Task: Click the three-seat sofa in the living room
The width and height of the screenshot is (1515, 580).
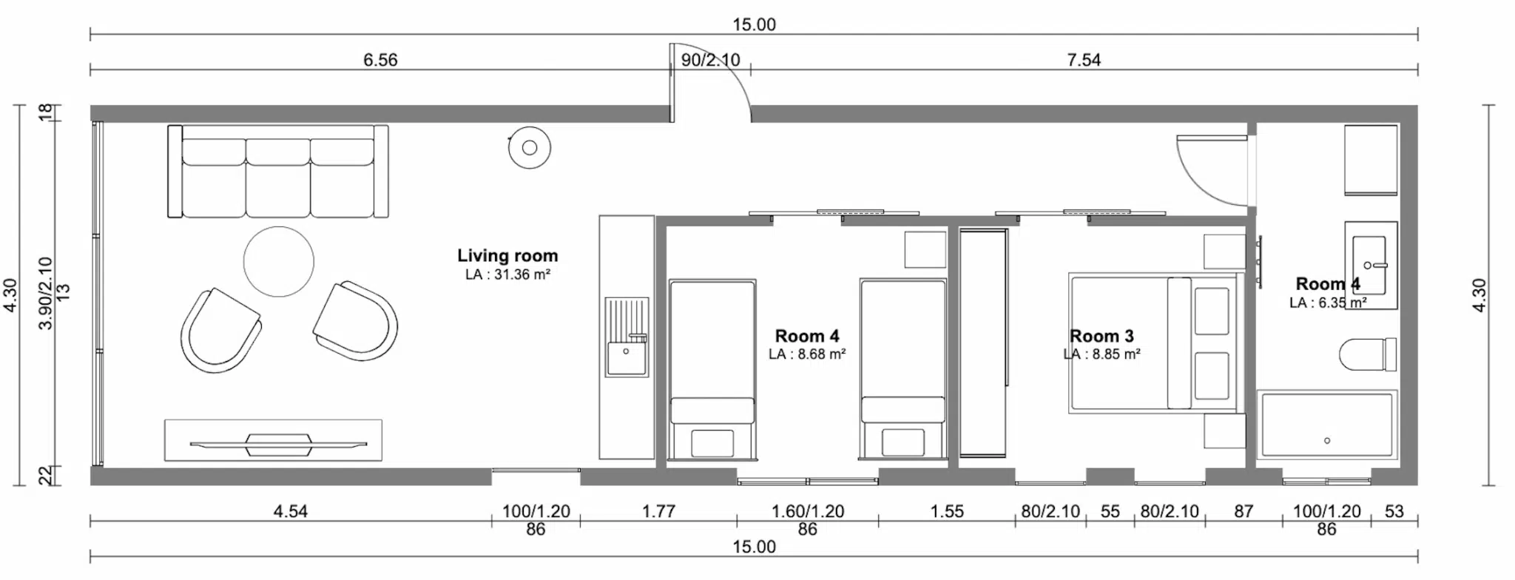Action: tap(278, 172)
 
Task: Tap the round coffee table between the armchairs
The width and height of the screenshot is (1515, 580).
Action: tap(279, 261)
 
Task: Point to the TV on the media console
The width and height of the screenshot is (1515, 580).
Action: tap(278, 445)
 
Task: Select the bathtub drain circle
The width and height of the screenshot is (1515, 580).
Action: tap(1327, 441)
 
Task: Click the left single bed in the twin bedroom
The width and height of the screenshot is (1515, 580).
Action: tap(712, 369)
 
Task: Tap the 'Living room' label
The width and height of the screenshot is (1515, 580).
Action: tap(507, 256)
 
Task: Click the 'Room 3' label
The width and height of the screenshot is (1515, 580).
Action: tap(1101, 337)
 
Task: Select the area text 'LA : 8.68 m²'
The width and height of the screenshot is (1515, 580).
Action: tap(807, 354)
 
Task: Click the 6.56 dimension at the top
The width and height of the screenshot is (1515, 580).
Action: tap(380, 60)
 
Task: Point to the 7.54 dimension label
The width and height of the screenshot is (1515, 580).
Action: tap(1084, 60)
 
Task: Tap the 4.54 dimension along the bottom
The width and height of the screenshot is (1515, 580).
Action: tap(291, 511)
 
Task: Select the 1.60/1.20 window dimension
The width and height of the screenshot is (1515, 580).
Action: tap(808, 511)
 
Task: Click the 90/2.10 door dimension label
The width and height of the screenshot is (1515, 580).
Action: tap(711, 60)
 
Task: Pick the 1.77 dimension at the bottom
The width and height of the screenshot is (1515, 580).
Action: tap(658, 511)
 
